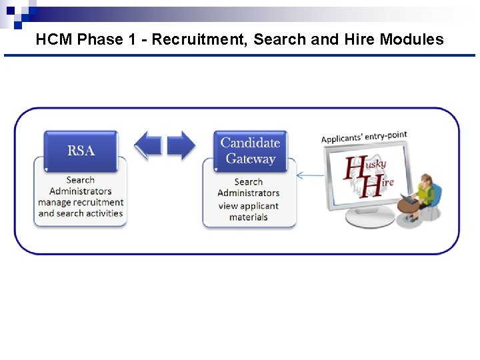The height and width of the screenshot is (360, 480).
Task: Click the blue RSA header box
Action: coord(81,150)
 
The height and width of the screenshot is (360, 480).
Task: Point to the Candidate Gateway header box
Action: coord(250,151)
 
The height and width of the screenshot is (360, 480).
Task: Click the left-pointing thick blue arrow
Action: coord(149,145)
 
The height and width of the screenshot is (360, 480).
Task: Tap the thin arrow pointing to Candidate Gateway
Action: coord(309,176)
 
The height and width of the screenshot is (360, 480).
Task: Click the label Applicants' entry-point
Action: coord(363,137)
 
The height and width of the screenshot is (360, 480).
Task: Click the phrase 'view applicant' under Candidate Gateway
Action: coord(248,205)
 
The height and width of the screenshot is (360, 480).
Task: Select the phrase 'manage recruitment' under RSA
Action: coord(81,202)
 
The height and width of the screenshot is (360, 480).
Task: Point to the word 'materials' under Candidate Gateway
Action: coord(248,217)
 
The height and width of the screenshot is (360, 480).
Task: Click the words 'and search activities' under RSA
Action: coord(81,213)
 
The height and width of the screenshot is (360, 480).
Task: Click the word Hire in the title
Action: coord(360,39)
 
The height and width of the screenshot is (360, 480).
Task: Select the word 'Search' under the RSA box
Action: coord(81,179)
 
